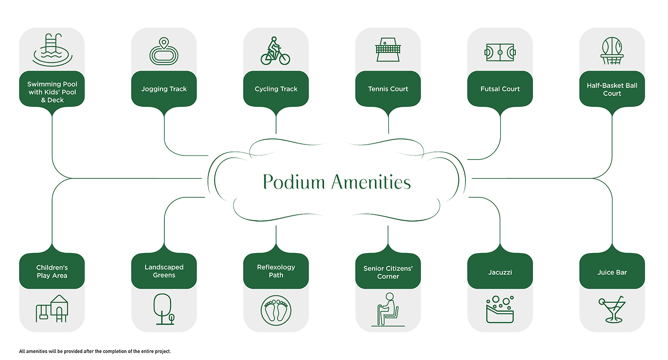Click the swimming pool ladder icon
pos(52,50)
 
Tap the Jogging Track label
pos(164,89)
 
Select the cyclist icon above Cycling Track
pos(275,51)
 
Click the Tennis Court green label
pos(388,89)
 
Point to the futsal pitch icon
pos(500,52)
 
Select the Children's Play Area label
pos(52,271)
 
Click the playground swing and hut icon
pos(52,308)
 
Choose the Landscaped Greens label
pos(164,271)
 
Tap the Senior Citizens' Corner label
pos(387,272)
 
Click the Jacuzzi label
pos(500,272)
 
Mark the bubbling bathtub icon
pos(500,308)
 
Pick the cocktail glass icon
pos(612,309)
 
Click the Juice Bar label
pos(612,272)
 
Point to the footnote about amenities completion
pos(95,351)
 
